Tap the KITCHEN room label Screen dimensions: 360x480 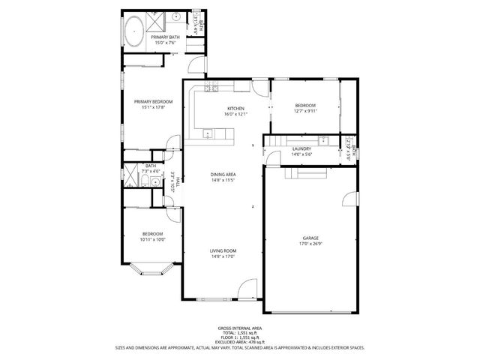236,108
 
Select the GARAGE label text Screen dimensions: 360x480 310,238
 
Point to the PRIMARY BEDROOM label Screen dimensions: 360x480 153,101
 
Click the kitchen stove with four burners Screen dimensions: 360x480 211,89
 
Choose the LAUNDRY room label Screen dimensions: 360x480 301,149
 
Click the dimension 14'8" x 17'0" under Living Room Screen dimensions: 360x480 223,256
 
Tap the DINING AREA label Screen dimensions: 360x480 223,174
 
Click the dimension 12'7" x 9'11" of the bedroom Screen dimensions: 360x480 305,111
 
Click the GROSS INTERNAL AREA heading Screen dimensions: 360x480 239,328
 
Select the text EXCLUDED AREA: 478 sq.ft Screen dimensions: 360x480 239,343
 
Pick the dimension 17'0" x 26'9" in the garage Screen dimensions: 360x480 310,244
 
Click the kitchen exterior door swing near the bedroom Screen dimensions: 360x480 260,88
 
